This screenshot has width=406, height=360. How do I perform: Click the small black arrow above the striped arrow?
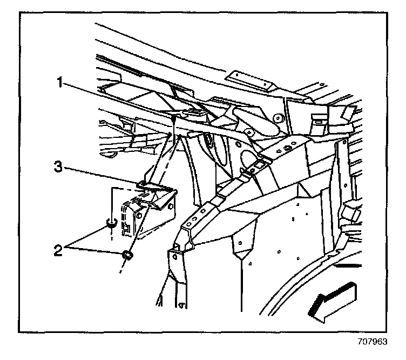[x=346, y=265]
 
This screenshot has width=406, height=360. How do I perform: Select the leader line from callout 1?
[x=119, y=101]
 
